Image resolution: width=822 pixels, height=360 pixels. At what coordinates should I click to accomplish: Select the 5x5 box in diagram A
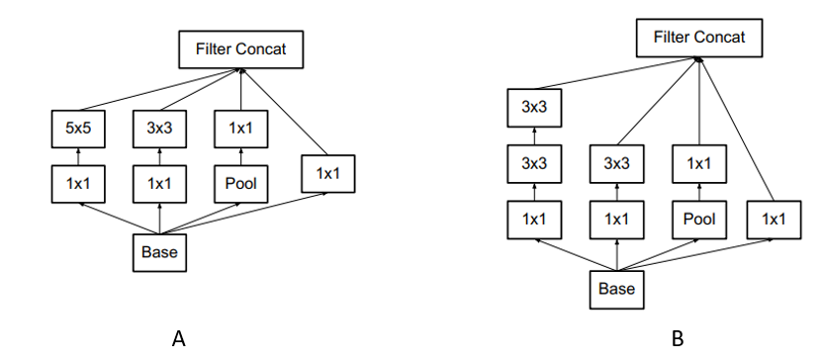tap(77, 127)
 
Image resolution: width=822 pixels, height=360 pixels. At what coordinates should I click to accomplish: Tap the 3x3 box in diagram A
tap(159, 127)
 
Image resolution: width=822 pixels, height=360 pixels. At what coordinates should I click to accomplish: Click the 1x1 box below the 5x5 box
tap(77, 183)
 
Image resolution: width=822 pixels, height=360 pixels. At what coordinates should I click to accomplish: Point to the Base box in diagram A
tap(159, 252)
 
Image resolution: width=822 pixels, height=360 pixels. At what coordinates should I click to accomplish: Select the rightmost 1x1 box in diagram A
tap(325, 173)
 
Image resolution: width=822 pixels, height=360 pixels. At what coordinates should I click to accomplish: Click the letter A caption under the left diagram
tap(179, 338)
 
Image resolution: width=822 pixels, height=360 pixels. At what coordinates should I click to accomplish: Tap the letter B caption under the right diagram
tap(678, 338)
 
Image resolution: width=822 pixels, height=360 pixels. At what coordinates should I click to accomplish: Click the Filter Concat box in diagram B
tap(698, 39)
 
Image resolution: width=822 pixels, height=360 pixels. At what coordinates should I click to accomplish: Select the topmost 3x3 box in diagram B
tap(533, 107)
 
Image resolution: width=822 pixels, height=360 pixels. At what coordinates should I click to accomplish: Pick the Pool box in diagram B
tap(699, 219)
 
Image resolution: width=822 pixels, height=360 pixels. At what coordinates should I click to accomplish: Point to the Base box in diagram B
tap(616, 289)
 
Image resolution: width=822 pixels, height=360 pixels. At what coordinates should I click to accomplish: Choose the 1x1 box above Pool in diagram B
tap(699, 162)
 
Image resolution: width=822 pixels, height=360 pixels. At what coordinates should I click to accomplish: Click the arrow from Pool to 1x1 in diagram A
tap(241, 154)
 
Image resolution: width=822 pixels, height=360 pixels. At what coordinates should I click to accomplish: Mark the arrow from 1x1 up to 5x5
tap(77, 154)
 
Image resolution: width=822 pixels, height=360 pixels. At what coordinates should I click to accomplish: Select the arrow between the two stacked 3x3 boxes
tap(533, 135)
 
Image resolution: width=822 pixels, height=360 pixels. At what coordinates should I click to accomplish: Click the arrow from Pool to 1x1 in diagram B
tap(699, 191)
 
